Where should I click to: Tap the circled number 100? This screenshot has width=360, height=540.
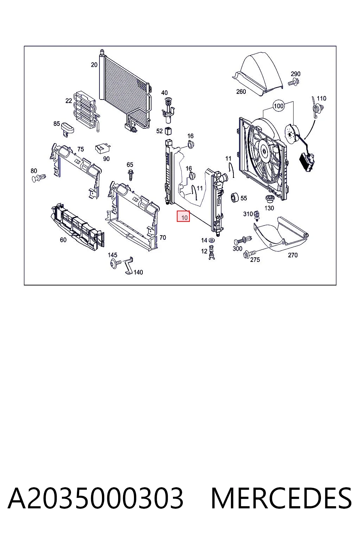[278, 106]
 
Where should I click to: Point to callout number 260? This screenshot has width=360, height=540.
[241, 92]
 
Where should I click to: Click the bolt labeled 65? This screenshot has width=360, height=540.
[131, 175]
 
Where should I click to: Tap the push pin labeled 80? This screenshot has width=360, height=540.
[39, 178]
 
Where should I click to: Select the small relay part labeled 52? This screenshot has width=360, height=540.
[168, 131]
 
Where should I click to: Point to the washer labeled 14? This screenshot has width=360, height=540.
[212, 240]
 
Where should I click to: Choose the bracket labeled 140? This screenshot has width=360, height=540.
[129, 266]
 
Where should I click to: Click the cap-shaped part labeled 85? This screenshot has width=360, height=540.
[67, 128]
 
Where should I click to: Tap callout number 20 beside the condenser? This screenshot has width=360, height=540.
[94, 65]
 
